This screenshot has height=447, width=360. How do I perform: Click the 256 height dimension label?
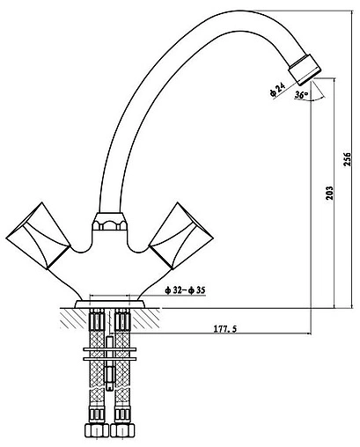click(348, 159)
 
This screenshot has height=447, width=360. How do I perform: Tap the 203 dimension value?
click(330, 193)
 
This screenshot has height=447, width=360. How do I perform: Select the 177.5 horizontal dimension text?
click(224, 329)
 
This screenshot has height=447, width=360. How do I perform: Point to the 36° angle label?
click(302, 95)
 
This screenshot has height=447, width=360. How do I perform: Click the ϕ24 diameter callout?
click(277, 90)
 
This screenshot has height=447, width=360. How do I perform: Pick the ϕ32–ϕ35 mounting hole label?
click(185, 290)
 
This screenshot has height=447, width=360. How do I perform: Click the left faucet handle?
click(38, 236)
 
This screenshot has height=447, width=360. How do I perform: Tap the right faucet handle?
click(181, 236)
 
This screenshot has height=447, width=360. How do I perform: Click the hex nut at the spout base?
click(109, 221)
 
